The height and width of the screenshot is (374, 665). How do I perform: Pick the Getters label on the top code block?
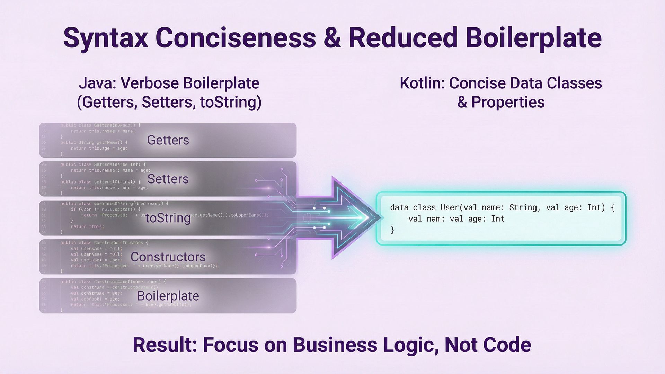[x=168, y=140]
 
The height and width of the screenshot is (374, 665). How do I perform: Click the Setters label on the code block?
[x=168, y=179]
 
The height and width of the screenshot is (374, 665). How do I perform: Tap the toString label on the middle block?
[x=168, y=218]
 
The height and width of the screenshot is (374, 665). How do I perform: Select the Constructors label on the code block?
[x=168, y=257]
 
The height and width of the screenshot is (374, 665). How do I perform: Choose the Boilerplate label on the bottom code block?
[x=168, y=296]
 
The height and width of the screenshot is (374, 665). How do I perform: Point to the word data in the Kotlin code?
[x=399, y=207]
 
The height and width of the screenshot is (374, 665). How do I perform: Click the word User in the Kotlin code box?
[x=449, y=207]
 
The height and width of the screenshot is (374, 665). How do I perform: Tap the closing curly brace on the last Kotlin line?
[x=392, y=230]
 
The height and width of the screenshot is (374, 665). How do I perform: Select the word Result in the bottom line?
[x=164, y=345]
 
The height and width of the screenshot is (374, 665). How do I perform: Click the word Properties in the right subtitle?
[x=508, y=103]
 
